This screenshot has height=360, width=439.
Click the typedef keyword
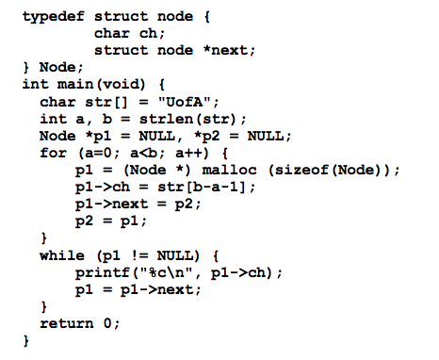tap(53, 16)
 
